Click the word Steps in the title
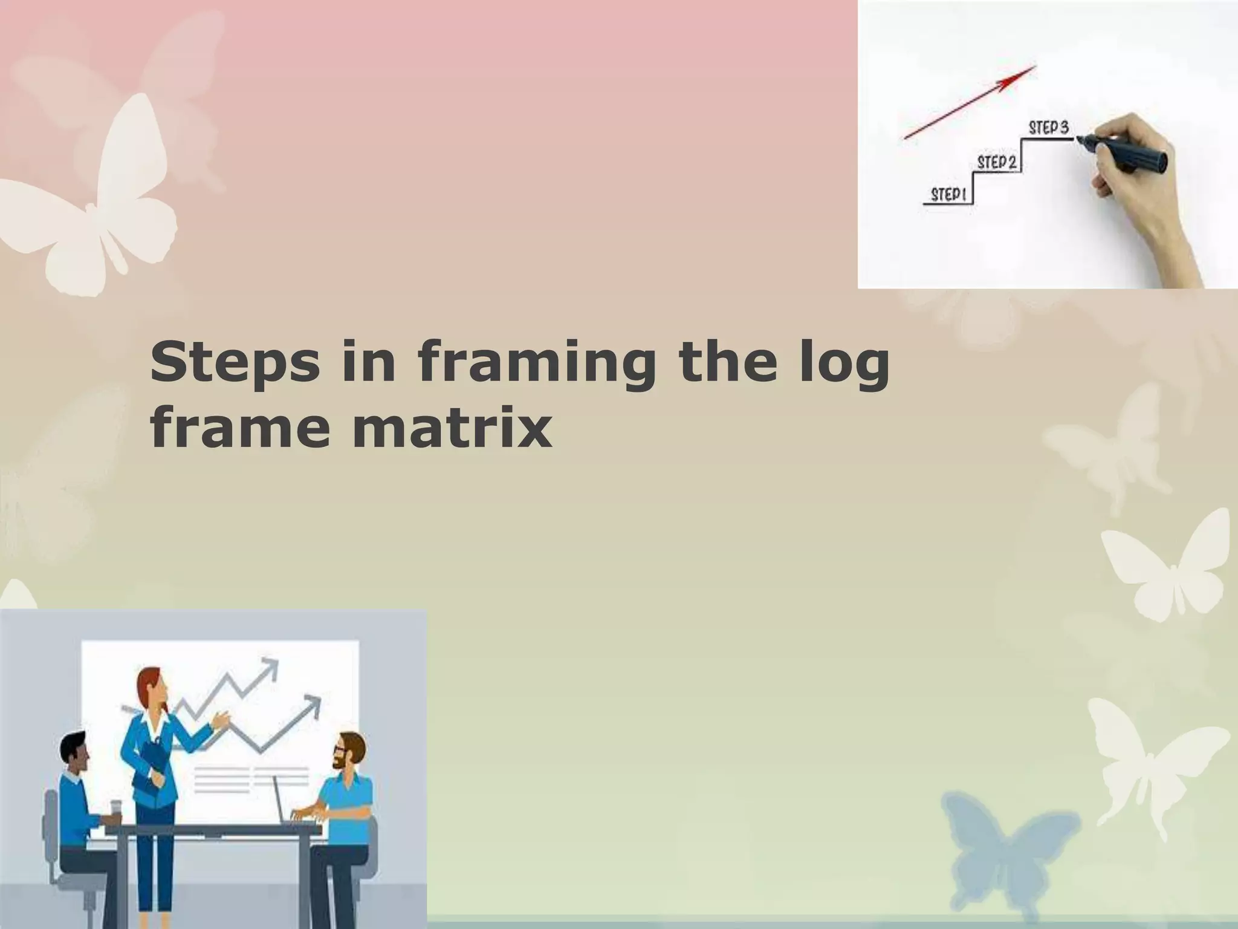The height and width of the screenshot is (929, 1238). [x=235, y=364]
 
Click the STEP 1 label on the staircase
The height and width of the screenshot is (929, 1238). [x=948, y=195]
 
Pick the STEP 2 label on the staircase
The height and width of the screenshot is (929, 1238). [x=997, y=162]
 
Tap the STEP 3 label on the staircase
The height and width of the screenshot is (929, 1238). [x=1048, y=128]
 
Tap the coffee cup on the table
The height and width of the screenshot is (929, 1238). [x=115, y=812]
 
